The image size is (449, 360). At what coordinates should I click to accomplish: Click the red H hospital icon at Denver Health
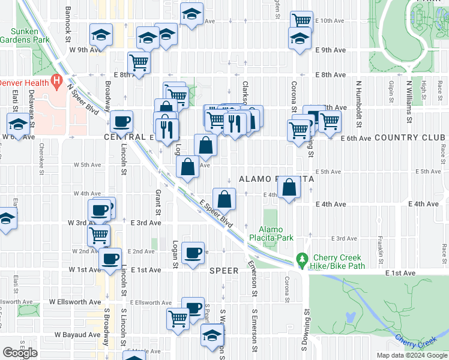coord(57,80)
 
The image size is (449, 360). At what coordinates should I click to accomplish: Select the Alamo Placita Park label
coord(276,234)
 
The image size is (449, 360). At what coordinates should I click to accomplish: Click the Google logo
coord(20,353)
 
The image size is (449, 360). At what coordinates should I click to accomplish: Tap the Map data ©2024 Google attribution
coord(411,355)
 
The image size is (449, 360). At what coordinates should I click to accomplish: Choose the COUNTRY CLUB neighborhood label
coord(411,138)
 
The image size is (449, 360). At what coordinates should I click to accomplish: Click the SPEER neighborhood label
coord(224,271)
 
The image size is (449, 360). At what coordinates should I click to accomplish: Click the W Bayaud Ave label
coord(78,334)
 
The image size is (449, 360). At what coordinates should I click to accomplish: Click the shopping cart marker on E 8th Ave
coord(139,62)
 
